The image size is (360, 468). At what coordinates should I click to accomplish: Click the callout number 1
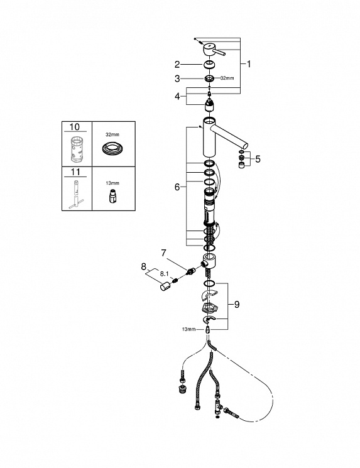point(249,64)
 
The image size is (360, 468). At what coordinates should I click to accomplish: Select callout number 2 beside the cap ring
point(177,64)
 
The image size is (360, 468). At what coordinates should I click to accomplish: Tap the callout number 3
point(177,79)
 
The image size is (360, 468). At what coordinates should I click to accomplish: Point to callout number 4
point(177,96)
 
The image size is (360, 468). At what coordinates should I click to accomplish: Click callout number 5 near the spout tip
point(258,159)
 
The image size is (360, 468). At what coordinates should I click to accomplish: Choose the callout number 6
point(177,187)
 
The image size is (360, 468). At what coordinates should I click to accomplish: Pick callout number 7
point(163,253)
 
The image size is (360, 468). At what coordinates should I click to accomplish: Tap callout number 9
point(237,305)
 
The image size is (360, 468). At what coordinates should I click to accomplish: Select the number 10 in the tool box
point(74,127)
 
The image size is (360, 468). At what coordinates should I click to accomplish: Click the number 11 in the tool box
point(75,172)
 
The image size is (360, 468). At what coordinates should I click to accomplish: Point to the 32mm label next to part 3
point(227,78)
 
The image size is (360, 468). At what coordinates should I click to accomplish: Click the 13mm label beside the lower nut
point(188,329)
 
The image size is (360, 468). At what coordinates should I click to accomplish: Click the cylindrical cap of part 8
point(165,287)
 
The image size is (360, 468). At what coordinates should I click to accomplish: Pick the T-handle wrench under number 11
point(75,195)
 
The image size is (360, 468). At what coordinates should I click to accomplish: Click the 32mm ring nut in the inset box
point(113,148)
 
